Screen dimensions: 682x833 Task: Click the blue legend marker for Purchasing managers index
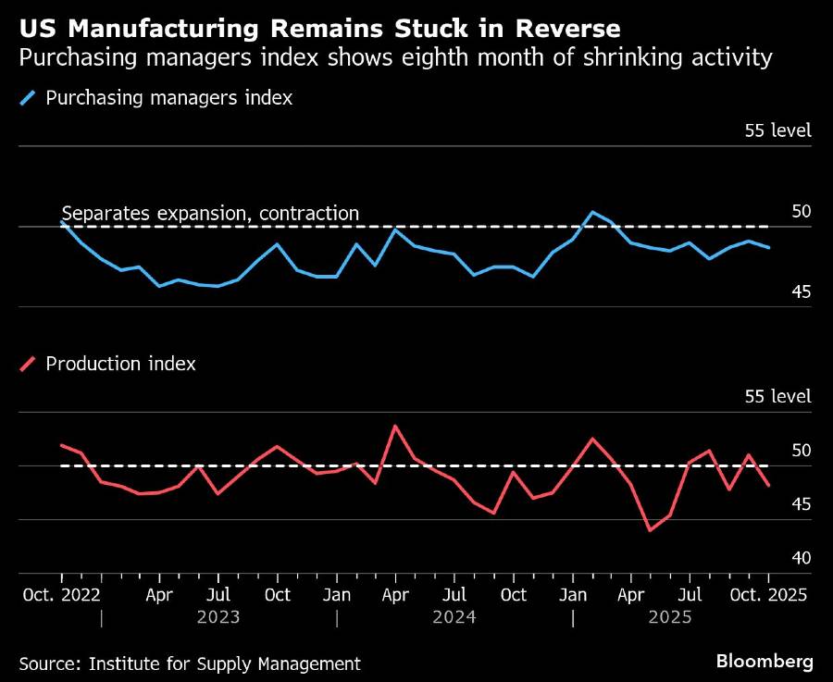click(x=31, y=97)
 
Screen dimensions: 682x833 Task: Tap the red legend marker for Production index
click(x=31, y=364)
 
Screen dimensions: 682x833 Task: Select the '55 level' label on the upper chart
click(x=777, y=130)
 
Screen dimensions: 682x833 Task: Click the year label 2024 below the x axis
click(x=454, y=616)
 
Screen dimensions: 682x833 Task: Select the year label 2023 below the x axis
click(x=218, y=616)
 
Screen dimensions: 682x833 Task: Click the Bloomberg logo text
click(x=765, y=662)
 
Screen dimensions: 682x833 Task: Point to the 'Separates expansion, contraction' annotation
click(x=210, y=214)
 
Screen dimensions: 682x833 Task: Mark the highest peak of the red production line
click(x=396, y=426)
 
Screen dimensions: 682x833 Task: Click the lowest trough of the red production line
click(x=650, y=530)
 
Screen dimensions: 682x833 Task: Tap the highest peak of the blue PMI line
click(x=592, y=212)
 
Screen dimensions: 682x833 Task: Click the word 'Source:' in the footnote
click(x=49, y=663)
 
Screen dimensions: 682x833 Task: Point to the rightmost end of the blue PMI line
click(x=768, y=247)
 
